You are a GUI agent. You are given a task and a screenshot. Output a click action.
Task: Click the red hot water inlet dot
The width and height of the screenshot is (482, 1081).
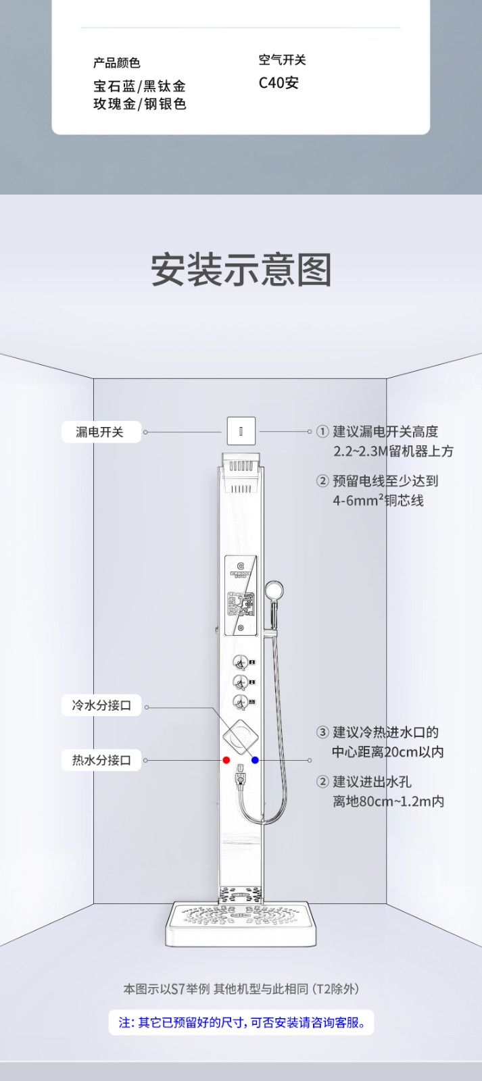pos(226,760)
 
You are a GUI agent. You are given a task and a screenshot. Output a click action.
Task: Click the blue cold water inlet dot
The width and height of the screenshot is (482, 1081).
pos(255,760)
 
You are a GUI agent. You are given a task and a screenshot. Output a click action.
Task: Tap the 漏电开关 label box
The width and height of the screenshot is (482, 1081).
pos(100,432)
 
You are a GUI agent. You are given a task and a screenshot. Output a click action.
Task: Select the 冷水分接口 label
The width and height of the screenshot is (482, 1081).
pos(101,705)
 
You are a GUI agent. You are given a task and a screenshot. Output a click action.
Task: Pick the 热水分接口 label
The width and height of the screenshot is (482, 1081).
pos(101,760)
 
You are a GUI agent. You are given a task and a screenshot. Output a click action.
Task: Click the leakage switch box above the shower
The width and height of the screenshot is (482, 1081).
pos(241,431)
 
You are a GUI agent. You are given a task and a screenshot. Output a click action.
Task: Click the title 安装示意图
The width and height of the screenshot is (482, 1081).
pos(241,270)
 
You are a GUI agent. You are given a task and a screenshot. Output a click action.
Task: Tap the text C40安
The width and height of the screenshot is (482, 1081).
pos(279,83)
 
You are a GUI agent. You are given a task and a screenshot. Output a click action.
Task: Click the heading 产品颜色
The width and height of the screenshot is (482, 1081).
pos(117,63)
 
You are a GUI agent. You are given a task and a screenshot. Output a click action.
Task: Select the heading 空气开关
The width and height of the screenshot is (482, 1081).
pos(282,60)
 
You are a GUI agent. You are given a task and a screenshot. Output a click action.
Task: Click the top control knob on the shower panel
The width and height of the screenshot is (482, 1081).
pos(240,662)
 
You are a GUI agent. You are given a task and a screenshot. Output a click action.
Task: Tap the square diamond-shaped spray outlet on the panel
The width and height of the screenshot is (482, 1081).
pos(241,737)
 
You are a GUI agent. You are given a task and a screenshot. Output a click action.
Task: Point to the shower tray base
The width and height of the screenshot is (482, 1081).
pos(241,923)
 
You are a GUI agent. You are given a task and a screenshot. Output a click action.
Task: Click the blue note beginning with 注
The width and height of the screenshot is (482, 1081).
pos(241,1022)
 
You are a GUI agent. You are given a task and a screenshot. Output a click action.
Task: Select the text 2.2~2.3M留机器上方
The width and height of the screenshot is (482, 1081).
pos(393,451)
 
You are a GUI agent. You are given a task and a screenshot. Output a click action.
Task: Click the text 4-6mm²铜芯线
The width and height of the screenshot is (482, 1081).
pos(378,501)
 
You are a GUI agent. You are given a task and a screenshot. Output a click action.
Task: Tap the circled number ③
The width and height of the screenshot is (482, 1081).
pos(322,732)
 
